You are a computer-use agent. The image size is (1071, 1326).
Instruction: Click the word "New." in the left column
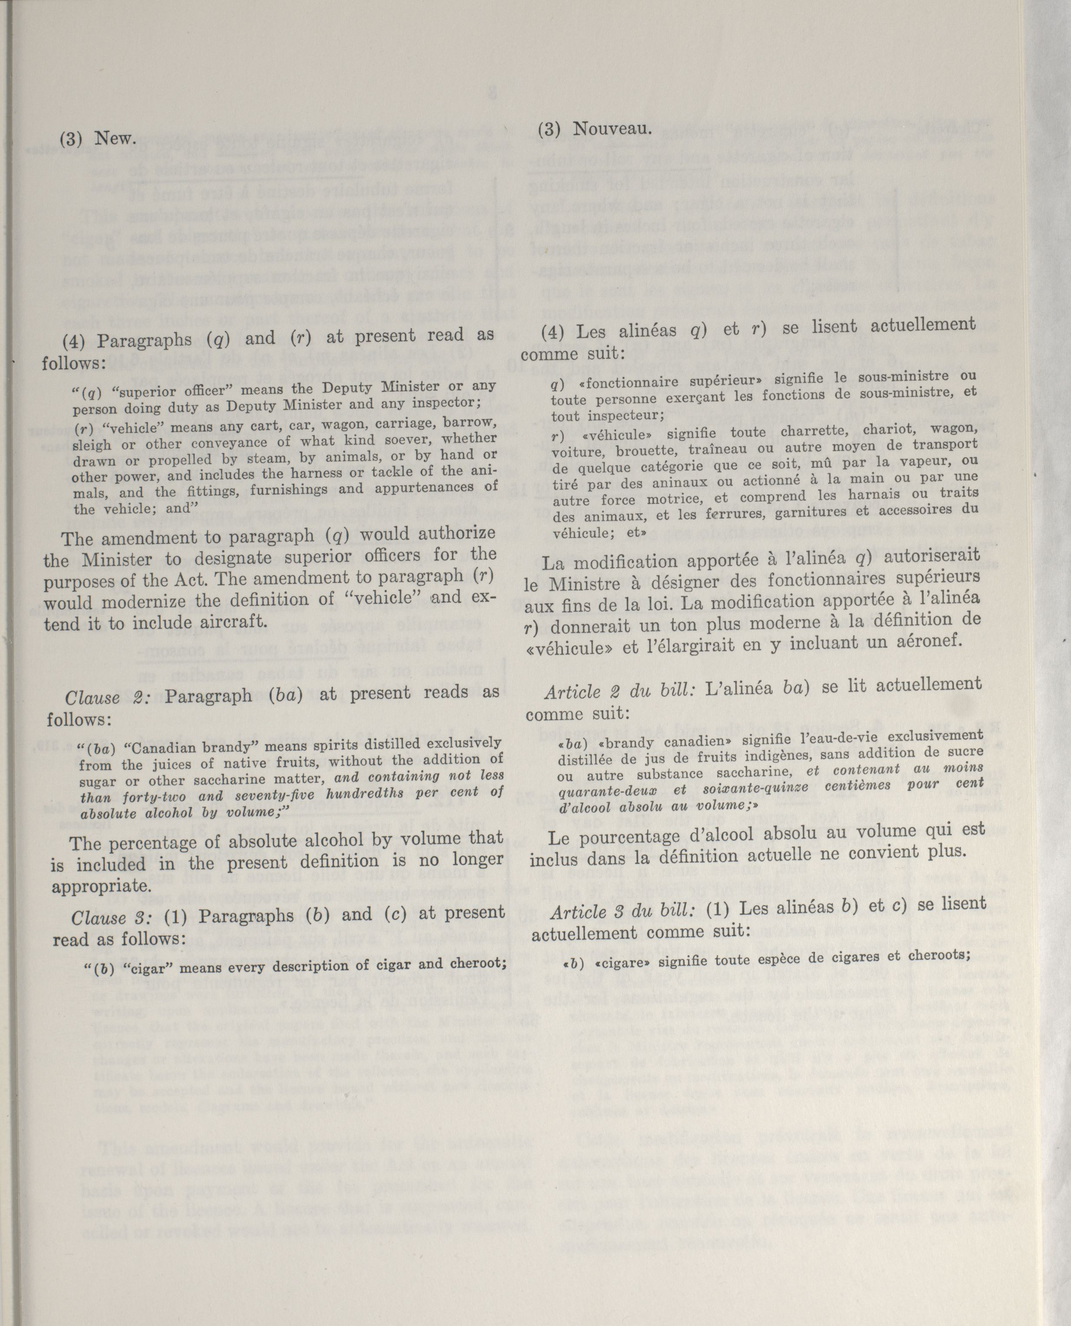click(115, 139)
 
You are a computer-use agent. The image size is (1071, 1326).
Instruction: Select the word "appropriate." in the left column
click(101, 887)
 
